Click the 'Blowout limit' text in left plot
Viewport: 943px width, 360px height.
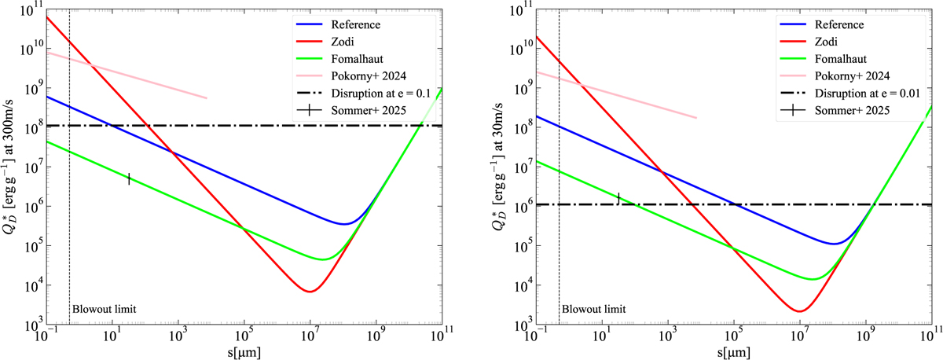[x=97, y=309]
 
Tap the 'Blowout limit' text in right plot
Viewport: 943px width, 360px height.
[x=585, y=309]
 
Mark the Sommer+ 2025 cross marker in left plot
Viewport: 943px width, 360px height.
[x=128, y=179]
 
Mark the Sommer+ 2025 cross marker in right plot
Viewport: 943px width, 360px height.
[x=618, y=198]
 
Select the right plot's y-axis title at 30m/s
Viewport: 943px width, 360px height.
[x=504, y=165]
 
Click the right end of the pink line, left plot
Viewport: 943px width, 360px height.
[x=207, y=98]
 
